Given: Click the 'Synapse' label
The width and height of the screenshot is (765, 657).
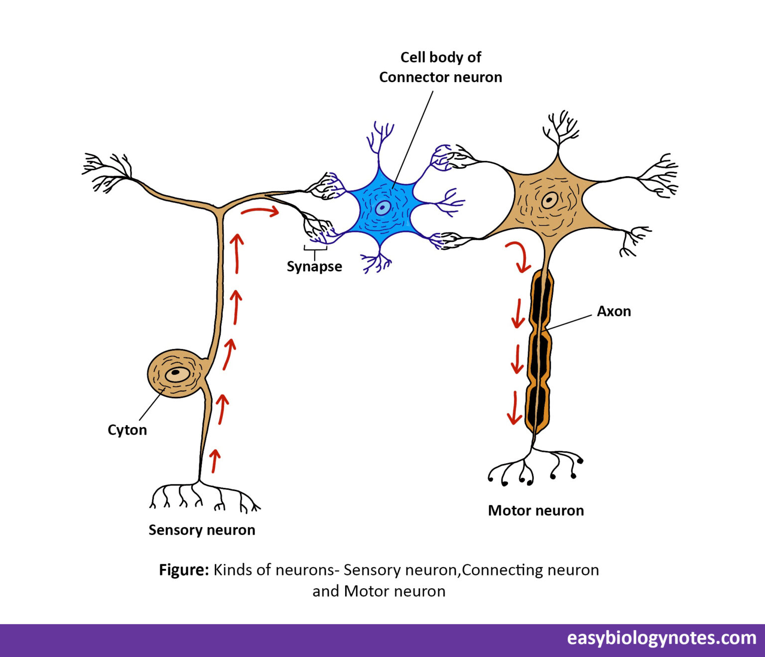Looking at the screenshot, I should pos(314,266).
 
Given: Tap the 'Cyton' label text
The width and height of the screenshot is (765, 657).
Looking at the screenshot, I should pos(127,430).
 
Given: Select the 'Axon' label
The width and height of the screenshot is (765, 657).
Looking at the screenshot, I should pos(614,311).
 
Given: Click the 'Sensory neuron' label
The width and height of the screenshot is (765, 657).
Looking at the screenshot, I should pos(202,530).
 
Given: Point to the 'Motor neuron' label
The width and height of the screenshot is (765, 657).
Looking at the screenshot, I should pos(536,510).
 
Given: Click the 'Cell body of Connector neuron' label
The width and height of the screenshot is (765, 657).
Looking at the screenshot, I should pos(440,67).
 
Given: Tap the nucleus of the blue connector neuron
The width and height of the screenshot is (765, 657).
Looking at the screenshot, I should pos(382,208).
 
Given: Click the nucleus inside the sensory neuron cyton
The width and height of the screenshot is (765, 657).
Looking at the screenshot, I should pos(176,373).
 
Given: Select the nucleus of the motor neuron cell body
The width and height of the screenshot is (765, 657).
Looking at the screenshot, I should pos(549,201).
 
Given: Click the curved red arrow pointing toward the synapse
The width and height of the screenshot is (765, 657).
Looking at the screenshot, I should pos(259,212).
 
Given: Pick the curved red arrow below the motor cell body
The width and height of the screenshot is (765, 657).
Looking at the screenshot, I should pos(519,256).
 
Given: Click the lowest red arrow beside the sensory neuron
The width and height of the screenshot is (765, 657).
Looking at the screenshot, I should pos(215,460).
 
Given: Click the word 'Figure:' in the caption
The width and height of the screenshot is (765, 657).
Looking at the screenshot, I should pos(184,569).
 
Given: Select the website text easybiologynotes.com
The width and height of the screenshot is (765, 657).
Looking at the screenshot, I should pos(661,638).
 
